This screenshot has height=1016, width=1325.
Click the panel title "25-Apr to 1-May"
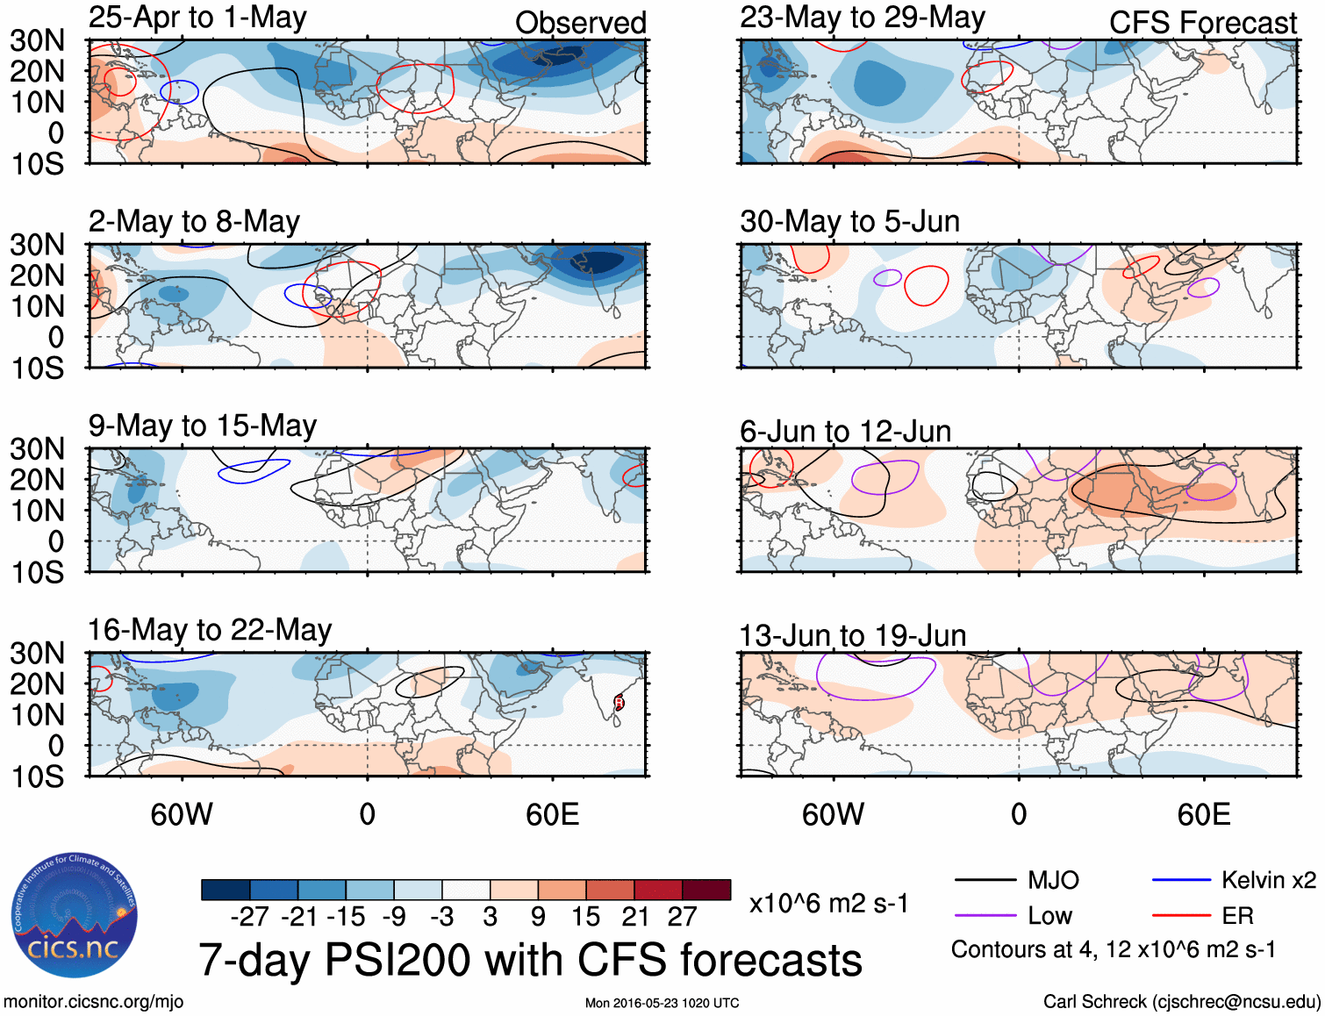click(197, 18)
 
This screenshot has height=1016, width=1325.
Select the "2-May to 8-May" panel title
click(194, 221)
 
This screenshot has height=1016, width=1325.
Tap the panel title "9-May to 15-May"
click(202, 426)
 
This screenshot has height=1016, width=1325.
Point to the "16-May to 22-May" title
click(210, 630)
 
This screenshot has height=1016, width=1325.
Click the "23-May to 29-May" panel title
click(862, 18)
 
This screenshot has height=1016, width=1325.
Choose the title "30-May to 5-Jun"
click(849, 221)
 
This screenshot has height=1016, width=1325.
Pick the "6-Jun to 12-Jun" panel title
click(845, 432)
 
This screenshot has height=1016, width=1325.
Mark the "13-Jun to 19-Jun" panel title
click(852, 635)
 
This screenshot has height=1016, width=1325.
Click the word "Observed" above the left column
click(580, 23)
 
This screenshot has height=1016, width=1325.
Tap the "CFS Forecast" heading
click(1202, 23)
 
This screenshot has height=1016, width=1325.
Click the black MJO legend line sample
click(985, 880)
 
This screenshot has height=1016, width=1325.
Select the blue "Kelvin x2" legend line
click(1181, 880)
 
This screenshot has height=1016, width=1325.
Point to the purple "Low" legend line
click(985, 916)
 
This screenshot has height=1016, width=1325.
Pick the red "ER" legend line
click(1181, 916)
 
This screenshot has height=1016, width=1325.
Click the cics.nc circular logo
click(74, 916)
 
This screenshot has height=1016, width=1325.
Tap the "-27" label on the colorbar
click(250, 917)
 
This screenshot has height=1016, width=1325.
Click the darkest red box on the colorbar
click(706, 890)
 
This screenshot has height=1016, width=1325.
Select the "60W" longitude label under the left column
click(182, 814)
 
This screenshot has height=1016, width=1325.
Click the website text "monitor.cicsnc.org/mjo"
click(93, 1002)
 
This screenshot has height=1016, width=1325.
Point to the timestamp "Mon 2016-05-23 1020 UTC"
click(662, 1003)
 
